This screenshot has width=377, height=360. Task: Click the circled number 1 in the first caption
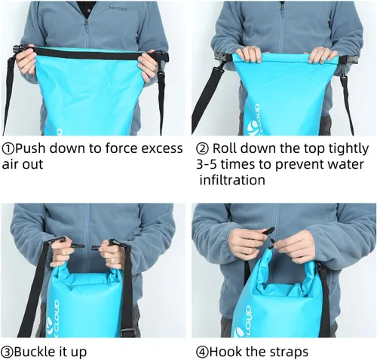tap(8, 148)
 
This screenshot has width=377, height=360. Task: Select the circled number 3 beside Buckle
tap(8, 351)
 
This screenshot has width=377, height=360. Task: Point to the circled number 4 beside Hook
tap(201, 351)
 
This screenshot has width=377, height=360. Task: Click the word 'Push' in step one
tap(29, 148)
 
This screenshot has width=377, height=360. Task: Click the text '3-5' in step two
tap(208, 164)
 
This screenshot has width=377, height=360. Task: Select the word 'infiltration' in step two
tap(232, 181)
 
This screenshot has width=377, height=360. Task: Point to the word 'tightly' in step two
tap(347, 148)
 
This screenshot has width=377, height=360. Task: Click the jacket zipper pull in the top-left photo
tap(85, 23)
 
